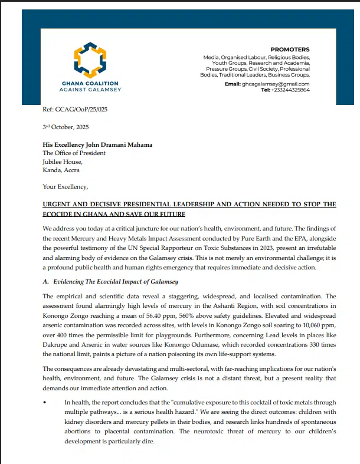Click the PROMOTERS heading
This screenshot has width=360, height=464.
(290, 49)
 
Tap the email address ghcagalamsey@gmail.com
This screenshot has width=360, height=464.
(276, 84)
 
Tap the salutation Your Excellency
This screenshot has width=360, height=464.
(64, 187)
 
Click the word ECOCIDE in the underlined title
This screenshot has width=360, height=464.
(62, 213)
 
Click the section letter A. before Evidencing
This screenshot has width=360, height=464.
(46, 282)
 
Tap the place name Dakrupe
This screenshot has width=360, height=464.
(58, 345)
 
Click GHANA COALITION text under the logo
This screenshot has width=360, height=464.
(90, 83)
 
